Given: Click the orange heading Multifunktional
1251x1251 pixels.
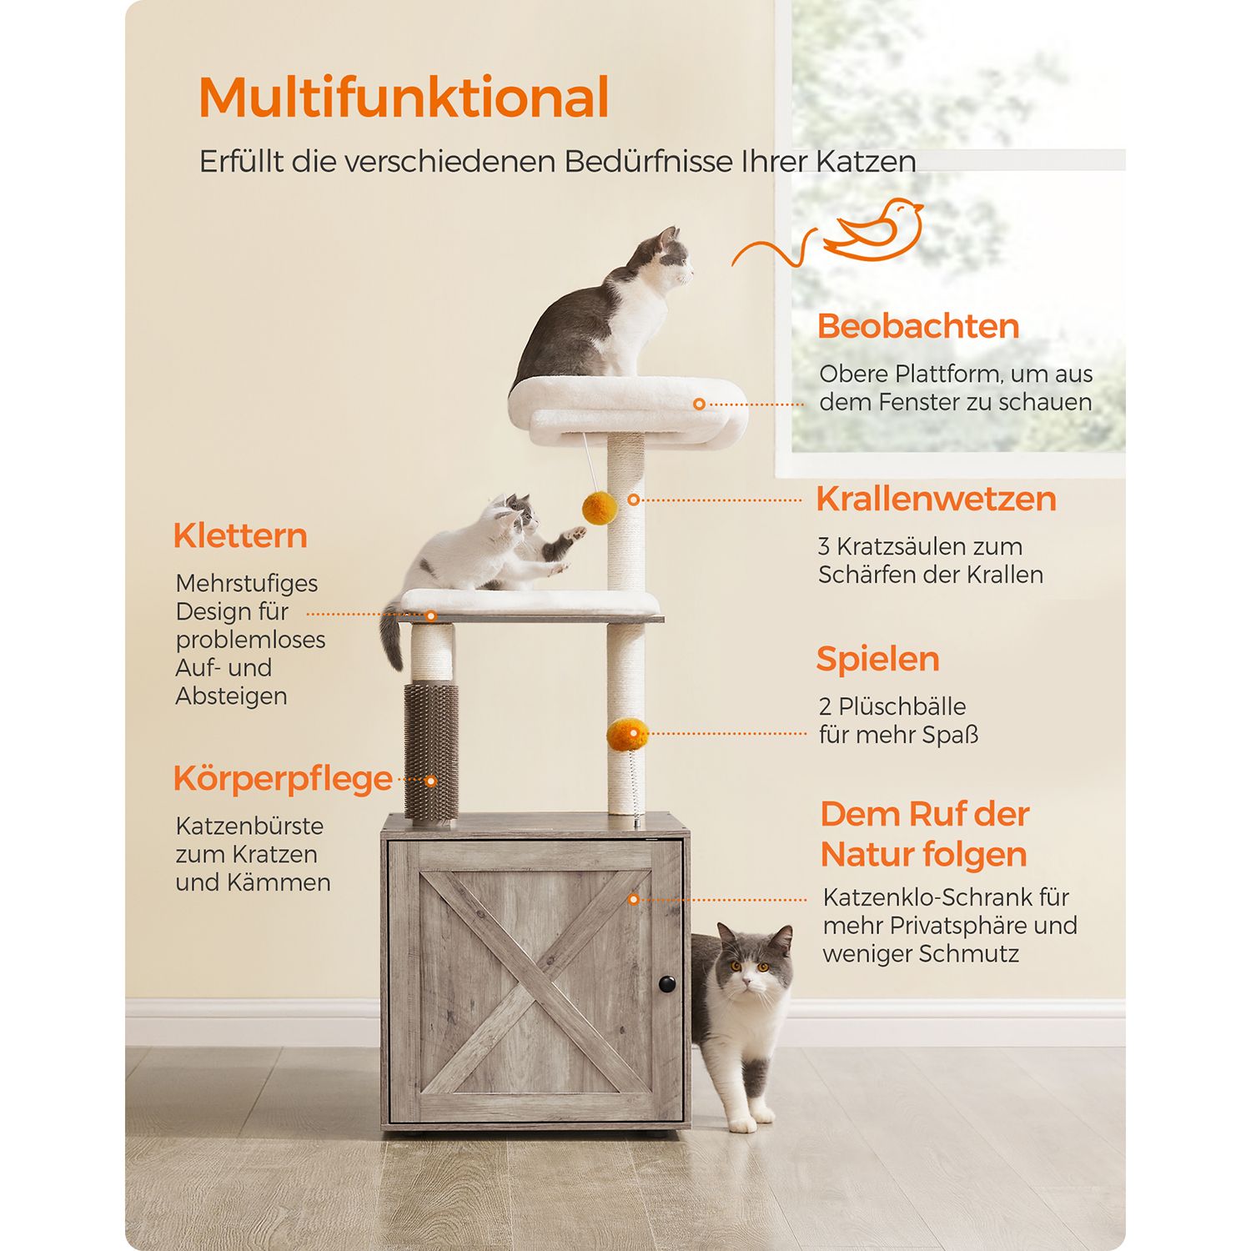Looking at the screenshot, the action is tap(404, 98).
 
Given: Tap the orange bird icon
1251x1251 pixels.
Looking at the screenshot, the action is tap(873, 229).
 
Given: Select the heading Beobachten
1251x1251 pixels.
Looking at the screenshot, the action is tap(918, 326).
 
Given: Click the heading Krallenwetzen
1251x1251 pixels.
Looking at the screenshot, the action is tap(936, 499).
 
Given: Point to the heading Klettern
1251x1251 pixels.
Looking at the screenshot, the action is tap(240, 535).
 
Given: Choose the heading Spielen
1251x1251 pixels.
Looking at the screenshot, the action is tap(877, 660).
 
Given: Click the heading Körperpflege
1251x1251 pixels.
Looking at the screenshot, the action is tap(283, 779).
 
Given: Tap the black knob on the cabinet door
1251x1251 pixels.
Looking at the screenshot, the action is tap(667, 984).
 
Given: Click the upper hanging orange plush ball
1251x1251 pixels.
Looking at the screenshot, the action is tap(597, 506).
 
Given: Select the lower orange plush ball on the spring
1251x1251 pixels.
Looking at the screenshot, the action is tap(627, 736).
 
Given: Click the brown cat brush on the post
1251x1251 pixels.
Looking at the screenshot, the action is tap(431, 751).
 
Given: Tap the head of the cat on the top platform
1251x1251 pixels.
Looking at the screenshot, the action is tap(669, 255).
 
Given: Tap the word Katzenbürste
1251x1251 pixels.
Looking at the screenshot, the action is tap(249, 826).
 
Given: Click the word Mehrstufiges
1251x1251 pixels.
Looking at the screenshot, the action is tap(247, 584).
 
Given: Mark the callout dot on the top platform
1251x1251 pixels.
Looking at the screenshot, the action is tap(699, 404).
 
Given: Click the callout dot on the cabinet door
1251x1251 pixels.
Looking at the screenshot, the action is tap(634, 900).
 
